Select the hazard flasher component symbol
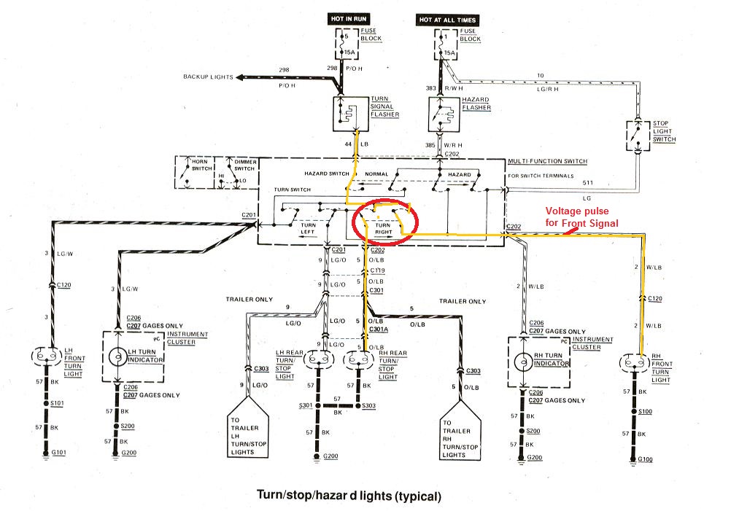442,112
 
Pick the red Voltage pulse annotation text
582,217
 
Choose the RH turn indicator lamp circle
523,361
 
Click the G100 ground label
644,459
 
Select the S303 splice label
368,405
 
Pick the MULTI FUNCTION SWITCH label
547,161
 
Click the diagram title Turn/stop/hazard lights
348,496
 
